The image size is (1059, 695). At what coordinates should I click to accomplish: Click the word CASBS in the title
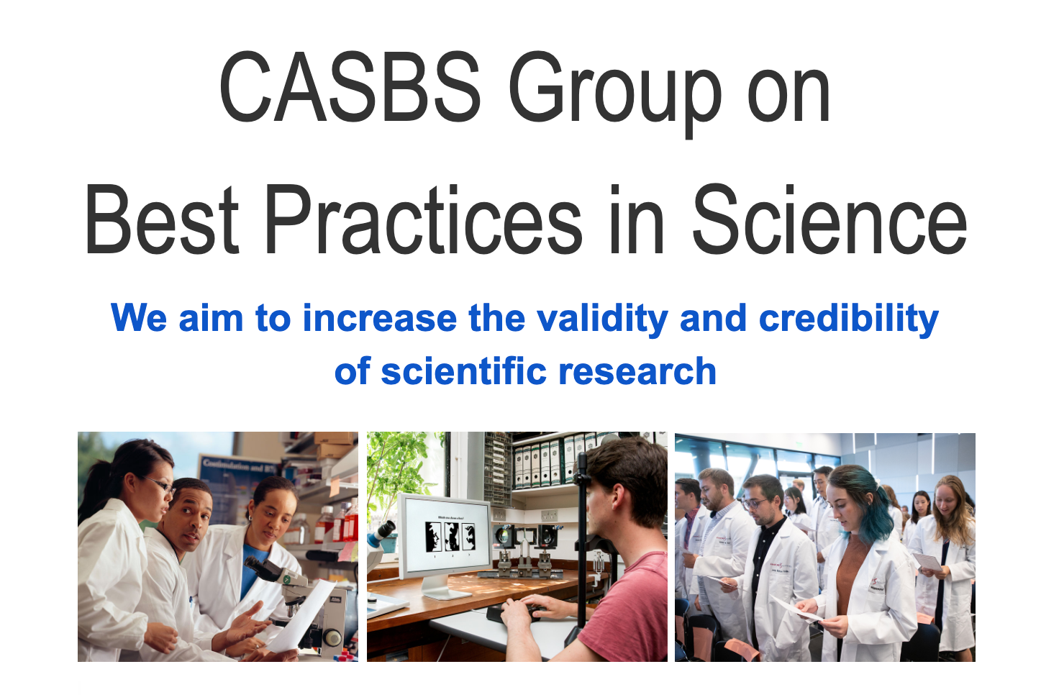click(x=350, y=88)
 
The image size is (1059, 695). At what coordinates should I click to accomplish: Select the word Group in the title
click(x=614, y=90)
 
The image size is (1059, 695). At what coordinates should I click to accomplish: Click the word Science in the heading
click(x=829, y=220)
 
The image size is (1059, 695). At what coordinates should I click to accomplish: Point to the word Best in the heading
click(x=162, y=220)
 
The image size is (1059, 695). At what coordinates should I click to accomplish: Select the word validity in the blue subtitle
click(x=603, y=319)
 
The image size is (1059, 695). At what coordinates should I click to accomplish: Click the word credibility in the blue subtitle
click(x=849, y=319)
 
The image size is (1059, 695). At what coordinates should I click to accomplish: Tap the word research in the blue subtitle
click(x=637, y=372)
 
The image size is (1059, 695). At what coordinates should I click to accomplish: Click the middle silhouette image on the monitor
click(x=451, y=536)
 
